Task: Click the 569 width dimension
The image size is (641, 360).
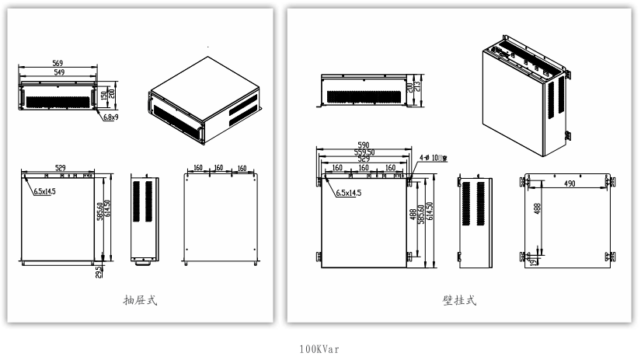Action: coord(57,63)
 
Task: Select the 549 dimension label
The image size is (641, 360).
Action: coord(57,72)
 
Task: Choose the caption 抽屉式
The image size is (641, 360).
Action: coord(143,299)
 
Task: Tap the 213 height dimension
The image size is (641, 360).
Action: coord(417,85)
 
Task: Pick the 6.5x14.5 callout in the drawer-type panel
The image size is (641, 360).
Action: coord(43,191)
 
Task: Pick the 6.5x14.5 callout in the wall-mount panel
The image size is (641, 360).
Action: coord(348,194)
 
